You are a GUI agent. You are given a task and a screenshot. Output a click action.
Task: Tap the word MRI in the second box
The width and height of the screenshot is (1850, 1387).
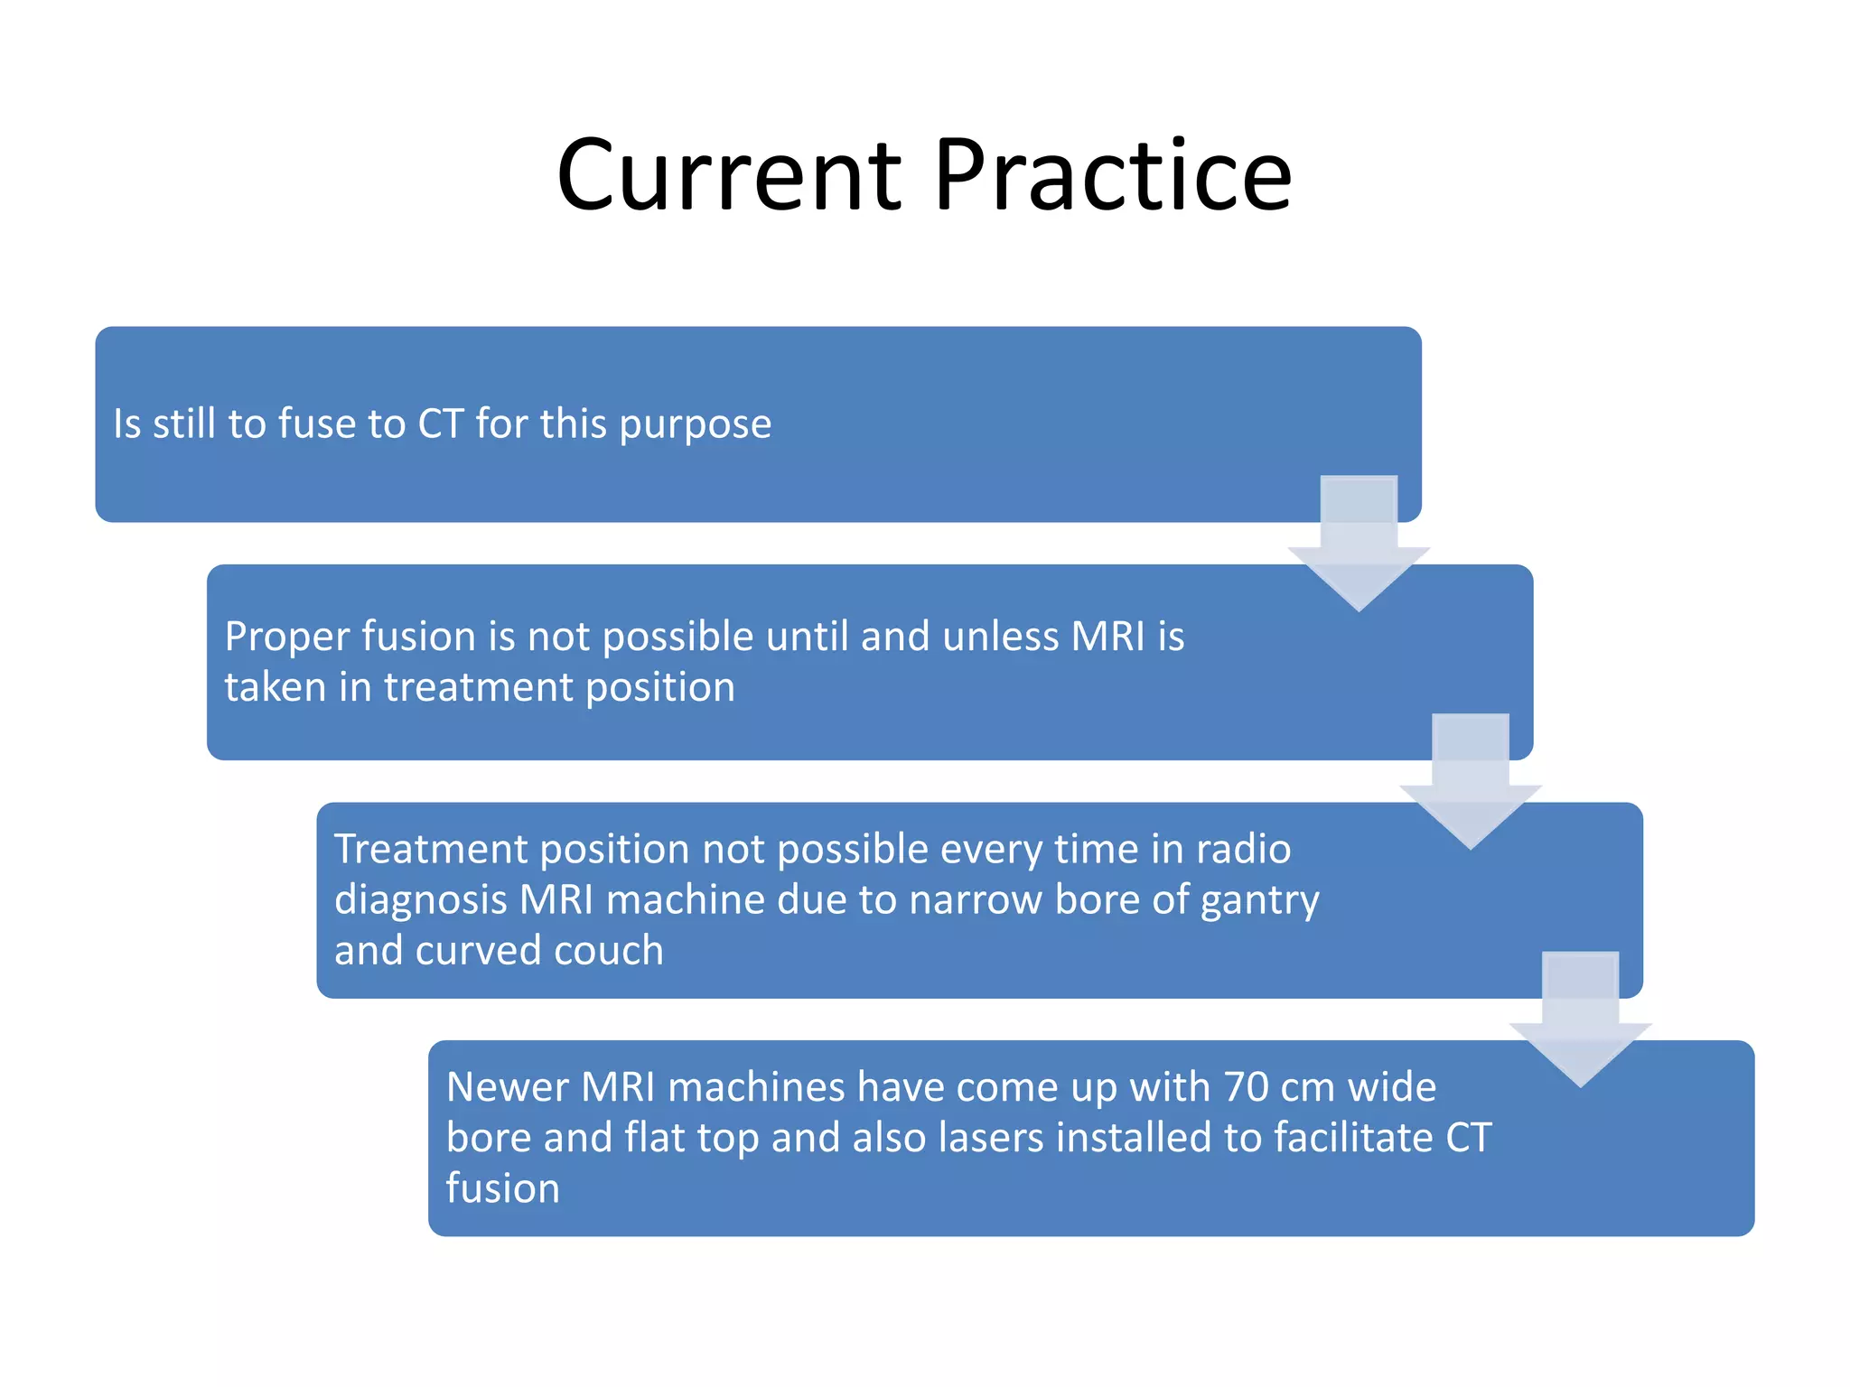coord(1107,636)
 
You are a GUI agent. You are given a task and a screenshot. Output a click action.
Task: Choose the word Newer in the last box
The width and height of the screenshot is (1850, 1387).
coord(507,1086)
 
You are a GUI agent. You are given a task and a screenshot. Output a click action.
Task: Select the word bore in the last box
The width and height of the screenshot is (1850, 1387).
coord(489,1138)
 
